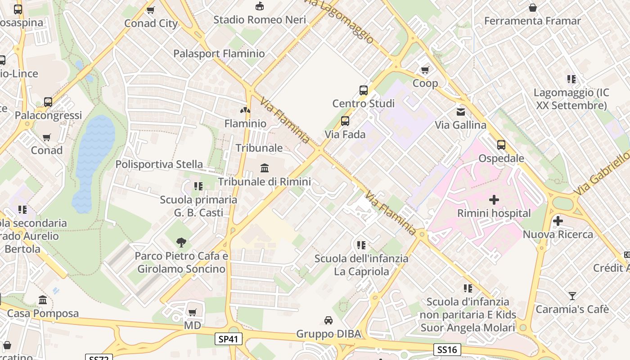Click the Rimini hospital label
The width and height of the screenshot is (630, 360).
coord(494,213)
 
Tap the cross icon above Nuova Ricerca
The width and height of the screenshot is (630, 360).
coord(558,221)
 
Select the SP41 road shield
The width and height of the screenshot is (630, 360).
coord(229,339)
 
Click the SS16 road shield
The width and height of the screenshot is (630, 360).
coord(447,349)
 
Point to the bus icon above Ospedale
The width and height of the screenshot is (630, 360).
coord(501,145)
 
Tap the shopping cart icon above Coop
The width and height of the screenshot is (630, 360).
coord(425,70)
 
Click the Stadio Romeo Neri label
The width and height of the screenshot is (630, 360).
coord(260,20)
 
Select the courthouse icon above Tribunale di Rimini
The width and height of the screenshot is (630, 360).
coord(265,168)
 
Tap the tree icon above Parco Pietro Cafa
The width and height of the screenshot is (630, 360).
coord(181,243)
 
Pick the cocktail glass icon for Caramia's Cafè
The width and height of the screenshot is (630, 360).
coord(572,296)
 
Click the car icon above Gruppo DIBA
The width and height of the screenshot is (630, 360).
coord(328,320)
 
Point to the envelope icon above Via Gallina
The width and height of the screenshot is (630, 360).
coord(461,112)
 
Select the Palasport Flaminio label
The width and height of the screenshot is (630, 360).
coord(219,54)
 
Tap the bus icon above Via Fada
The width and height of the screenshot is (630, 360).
coord(345,121)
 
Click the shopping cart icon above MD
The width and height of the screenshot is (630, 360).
coord(192,312)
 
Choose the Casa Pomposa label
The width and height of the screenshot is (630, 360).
coord(43,313)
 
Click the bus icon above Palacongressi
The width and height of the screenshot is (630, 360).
coord(48,102)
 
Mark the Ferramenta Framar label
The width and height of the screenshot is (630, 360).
coord(532,21)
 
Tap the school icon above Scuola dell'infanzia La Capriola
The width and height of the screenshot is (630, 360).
coord(361,245)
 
